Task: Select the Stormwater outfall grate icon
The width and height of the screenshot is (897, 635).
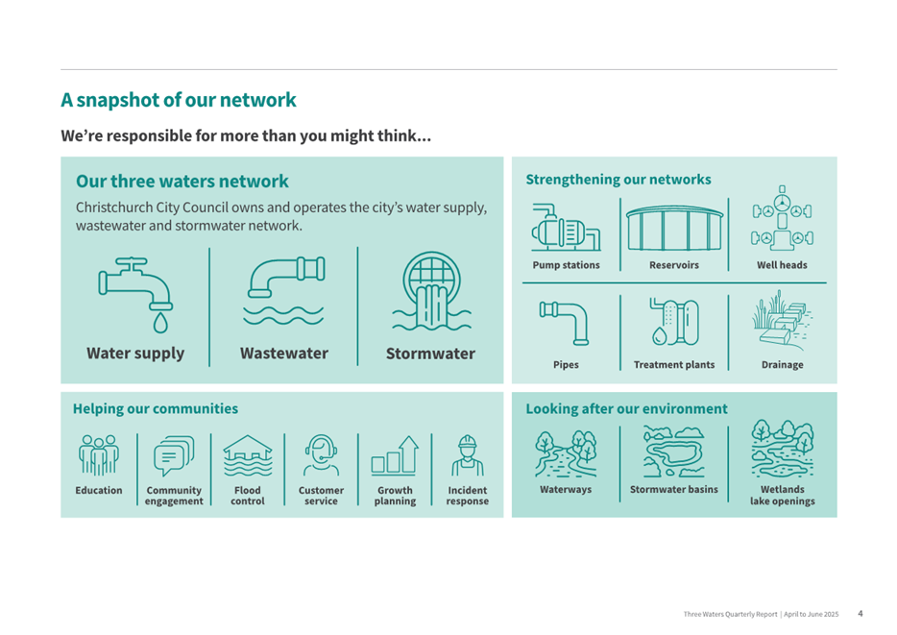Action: point(431,291)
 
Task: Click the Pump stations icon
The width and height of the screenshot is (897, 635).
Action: point(566,227)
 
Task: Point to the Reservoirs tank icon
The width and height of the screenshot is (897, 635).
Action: point(674,229)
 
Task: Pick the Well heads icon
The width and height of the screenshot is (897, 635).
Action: point(782,219)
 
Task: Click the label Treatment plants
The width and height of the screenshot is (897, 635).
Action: point(674,364)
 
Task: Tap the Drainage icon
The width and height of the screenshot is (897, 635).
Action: point(782,320)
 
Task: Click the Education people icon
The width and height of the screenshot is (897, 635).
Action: point(98,455)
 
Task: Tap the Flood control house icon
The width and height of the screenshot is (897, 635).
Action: point(248,455)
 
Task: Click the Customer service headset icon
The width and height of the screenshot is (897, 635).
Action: point(321,455)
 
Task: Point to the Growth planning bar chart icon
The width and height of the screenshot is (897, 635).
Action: point(395,456)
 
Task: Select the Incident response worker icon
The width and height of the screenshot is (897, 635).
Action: point(468,455)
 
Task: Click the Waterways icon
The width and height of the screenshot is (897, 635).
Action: point(566,454)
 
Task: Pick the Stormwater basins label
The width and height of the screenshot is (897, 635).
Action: point(674,490)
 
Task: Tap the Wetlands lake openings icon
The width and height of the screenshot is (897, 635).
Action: point(782,449)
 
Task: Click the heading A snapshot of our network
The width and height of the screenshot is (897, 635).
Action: point(179,100)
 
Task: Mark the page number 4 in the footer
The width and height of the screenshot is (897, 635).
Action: point(861,614)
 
